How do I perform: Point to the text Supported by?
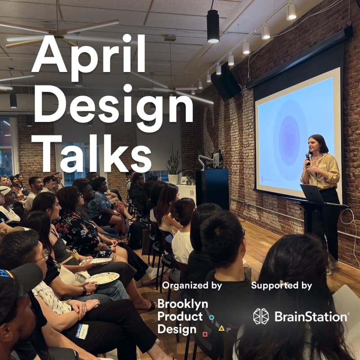[281, 285]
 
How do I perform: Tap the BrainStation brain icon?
[261, 316]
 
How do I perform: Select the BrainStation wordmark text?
[310, 316]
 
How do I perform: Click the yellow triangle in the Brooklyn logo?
[221, 328]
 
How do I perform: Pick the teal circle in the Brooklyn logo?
[211, 318]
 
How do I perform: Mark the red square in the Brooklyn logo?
[205, 334]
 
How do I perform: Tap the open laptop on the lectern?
[313, 193]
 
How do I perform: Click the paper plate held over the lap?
[103, 279]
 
